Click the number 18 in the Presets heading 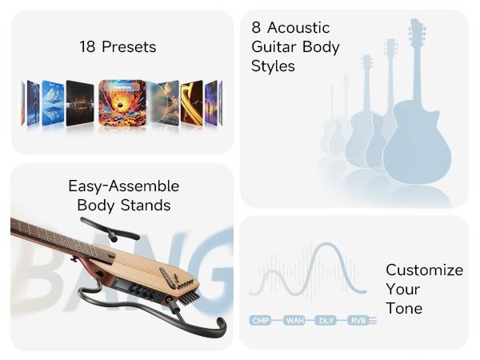[88, 47]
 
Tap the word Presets [128, 47]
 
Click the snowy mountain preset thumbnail [53, 102]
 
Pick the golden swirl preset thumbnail [192, 102]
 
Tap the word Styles [274, 66]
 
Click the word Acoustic [301, 28]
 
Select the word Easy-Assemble [123, 186]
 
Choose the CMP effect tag [260, 321]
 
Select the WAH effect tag [293, 321]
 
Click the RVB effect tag [357, 321]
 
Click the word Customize [424, 270]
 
